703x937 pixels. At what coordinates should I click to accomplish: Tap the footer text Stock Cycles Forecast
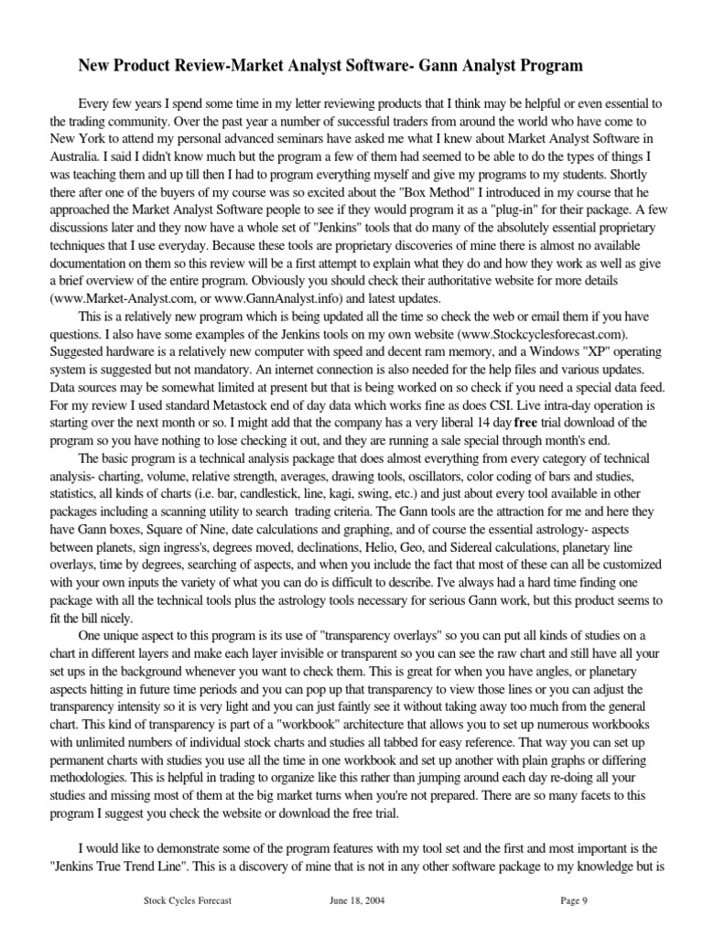tap(188, 900)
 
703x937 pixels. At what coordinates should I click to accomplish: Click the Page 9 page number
tap(573, 900)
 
